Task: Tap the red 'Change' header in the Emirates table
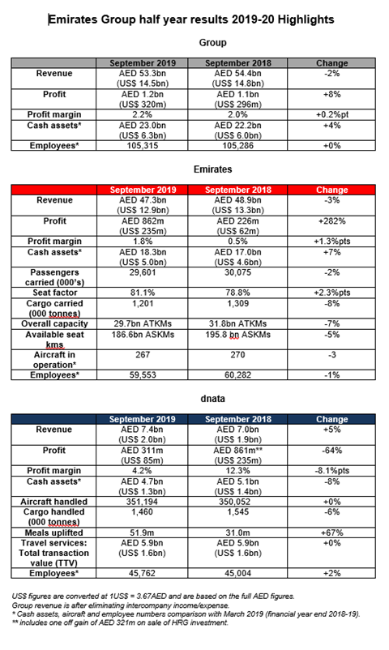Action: point(331,189)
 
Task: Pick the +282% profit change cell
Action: point(331,219)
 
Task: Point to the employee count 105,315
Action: point(149,145)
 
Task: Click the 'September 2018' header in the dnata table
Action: point(241,418)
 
